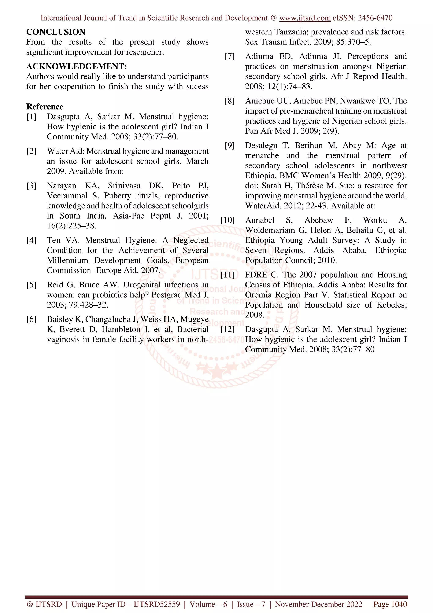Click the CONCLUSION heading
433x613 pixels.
[56, 32]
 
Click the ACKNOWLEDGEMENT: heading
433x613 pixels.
[77, 66]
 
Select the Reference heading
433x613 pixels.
[45, 107]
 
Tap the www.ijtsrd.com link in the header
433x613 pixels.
[305, 18]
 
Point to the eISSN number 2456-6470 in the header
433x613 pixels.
[375, 18]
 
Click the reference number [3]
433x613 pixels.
[32, 186]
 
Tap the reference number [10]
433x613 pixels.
[227, 220]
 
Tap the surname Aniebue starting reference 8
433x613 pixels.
[260, 101]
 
